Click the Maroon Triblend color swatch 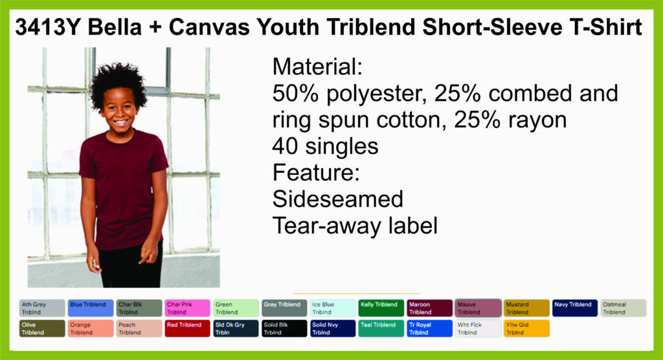[430, 308]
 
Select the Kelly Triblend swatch [381, 308]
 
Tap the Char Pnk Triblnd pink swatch [187, 308]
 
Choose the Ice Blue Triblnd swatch [333, 308]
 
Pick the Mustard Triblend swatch [526, 308]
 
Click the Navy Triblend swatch [575, 308]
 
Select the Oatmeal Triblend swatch [624, 308]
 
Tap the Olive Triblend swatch [42, 328]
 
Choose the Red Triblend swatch [187, 328]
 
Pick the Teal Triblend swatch [381, 328]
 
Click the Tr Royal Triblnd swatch [430, 328]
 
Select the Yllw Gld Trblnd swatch [526, 328]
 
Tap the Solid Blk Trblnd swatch [284, 328]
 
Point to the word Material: [317, 67]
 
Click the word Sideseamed [338, 199]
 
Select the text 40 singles [325, 146]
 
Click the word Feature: [316, 173]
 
